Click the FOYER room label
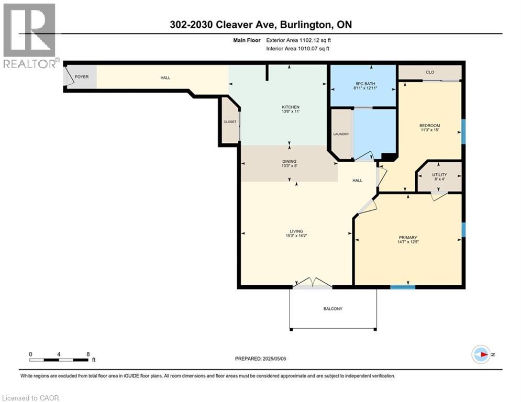click(x=82, y=77)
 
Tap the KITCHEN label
click(x=291, y=107)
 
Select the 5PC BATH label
click(x=365, y=84)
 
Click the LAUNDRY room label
click(x=341, y=134)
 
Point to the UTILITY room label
click(x=439, y=174)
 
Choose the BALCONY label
click(x=333, y=309)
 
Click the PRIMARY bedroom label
click(x=408, y=238)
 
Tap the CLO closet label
click(x=430, y=72)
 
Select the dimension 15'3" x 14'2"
click(x=296, y=236)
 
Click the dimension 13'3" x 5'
click(x=289, y=165)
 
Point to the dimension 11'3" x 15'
click(x=429, y=130)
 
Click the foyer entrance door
click(x=69, y=76)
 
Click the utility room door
click(x=439, y=196)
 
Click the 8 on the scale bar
click(x=88, y=354)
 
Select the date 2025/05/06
click(x=274, y=359)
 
